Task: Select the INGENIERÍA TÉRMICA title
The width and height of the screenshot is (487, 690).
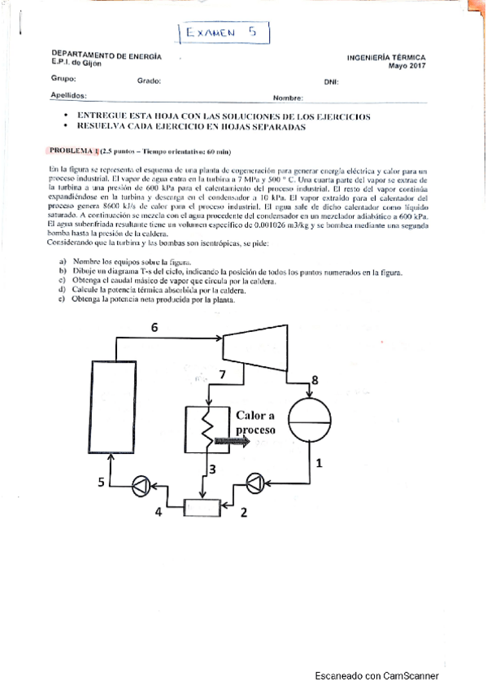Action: (385, 58)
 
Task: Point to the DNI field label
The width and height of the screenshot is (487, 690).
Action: (331, 81)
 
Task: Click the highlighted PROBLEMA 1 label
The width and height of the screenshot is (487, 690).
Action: (74, 151)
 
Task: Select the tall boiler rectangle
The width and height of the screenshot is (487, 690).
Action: (117, 412)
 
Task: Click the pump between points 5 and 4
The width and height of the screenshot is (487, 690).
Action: (139, 485)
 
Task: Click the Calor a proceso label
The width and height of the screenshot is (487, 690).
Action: (256, 421)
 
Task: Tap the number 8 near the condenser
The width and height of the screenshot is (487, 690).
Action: (315, 380)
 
